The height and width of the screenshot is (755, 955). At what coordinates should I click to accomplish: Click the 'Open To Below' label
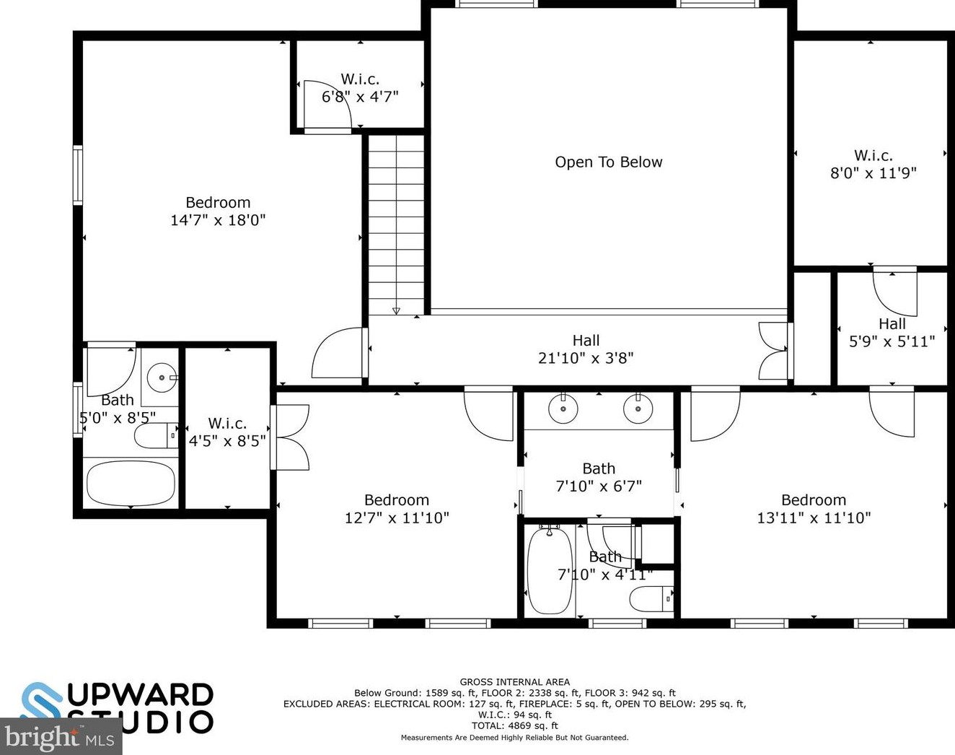tap(608, 162)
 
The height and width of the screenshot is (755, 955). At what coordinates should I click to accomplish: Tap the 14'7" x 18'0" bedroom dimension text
tap(218, 220)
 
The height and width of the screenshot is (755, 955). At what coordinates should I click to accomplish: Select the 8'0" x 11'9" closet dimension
tap(873, 173)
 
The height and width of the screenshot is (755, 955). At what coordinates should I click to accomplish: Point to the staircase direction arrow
tap(396, 310)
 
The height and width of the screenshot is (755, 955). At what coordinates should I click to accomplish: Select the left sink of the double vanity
tap(563, 410)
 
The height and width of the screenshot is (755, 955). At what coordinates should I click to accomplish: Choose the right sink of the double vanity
tap(638, 410)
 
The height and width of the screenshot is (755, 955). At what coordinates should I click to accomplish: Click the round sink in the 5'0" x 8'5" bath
tap(162, 376)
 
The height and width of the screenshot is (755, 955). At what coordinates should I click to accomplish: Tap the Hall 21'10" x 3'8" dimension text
tap(586, 358)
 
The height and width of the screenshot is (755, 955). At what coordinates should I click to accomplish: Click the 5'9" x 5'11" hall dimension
tap(892, 341)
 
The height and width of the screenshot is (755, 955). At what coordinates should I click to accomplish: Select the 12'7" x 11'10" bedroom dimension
tap(397, 518)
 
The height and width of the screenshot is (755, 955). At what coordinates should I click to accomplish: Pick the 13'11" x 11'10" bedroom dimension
tap(814, 518)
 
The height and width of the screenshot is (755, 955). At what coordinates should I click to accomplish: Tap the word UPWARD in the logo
tap(140, 695)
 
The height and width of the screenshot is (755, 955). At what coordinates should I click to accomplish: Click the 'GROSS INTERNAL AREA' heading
tap(514, 681)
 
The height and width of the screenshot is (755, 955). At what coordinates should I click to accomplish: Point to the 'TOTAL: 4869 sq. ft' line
tap(514, 725)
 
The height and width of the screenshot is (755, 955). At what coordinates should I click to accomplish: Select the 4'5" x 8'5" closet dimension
tap(227, 441)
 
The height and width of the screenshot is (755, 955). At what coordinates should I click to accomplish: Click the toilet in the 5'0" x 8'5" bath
tap(155, 435)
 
